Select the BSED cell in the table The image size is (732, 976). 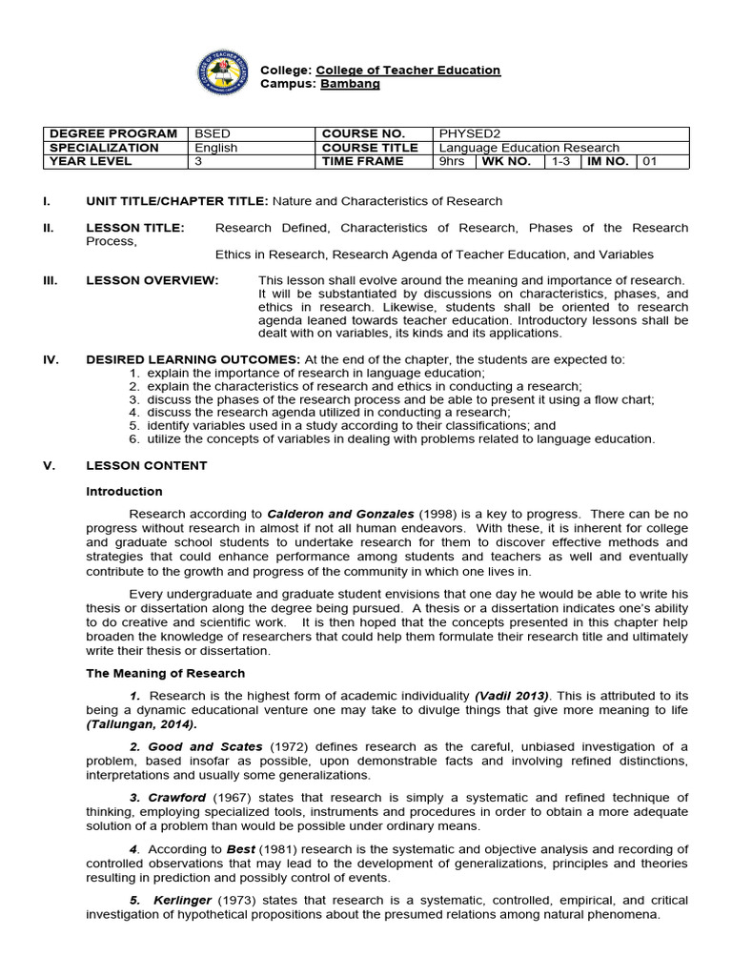(212, 133)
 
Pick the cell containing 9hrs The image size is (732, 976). (450, 161)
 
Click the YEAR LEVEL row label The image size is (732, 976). (92, 161)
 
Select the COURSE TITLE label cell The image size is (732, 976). (370, 148)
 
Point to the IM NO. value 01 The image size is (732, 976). (650, 161)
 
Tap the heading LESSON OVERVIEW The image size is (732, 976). (152, 280)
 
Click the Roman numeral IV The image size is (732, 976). (51, 359)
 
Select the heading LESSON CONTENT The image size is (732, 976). (146, 465)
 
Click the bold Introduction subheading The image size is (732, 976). (124, 492)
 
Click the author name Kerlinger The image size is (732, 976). (183, 900)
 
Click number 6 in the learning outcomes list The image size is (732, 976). (135, 439)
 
